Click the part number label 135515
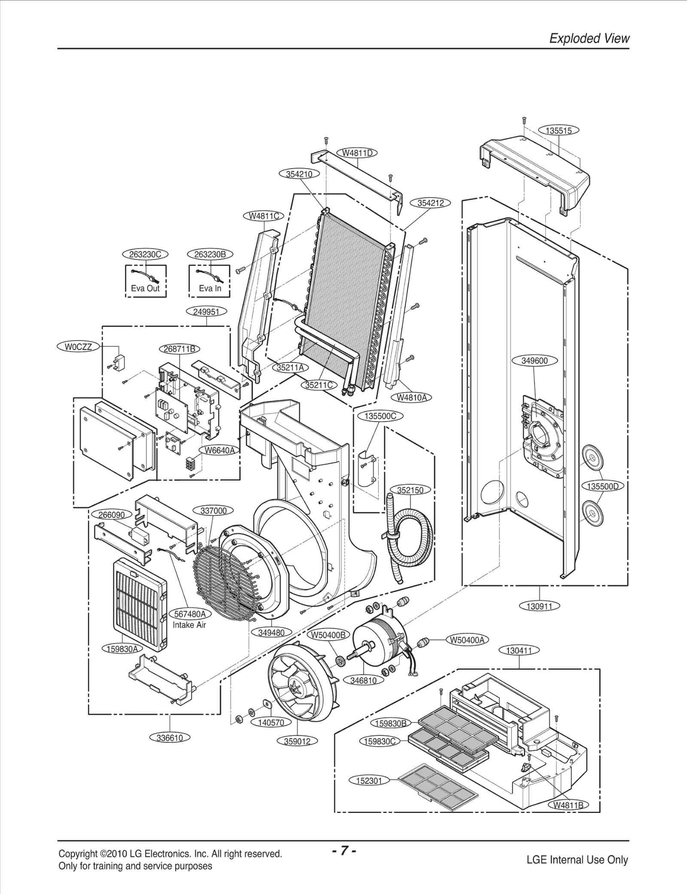point(559,130)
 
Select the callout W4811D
point(357,153)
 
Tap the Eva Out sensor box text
point(145,288)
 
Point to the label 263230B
point(210,254)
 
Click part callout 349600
point(535,360)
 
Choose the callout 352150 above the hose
point(410,490)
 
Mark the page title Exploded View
point(589,39)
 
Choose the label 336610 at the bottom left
point(170,738)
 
